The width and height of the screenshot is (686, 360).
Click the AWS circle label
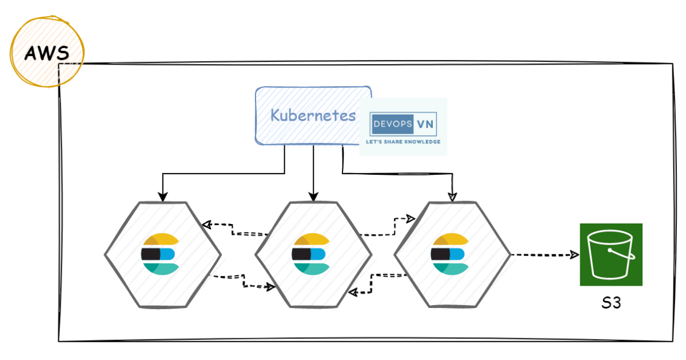point(47,54)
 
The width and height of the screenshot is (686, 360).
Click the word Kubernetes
point(313,115)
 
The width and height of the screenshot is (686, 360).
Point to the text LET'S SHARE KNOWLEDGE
point(403,141)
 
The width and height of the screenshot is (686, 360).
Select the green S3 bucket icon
point(611,254)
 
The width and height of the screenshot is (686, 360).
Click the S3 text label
point(611,303)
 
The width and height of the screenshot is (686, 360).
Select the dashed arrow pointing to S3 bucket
point(543,255)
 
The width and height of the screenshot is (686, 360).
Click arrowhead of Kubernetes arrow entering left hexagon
point(163,197)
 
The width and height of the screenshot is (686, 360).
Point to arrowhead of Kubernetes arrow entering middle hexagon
point(312,197)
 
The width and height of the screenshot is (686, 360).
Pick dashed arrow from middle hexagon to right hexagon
point(389,229)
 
